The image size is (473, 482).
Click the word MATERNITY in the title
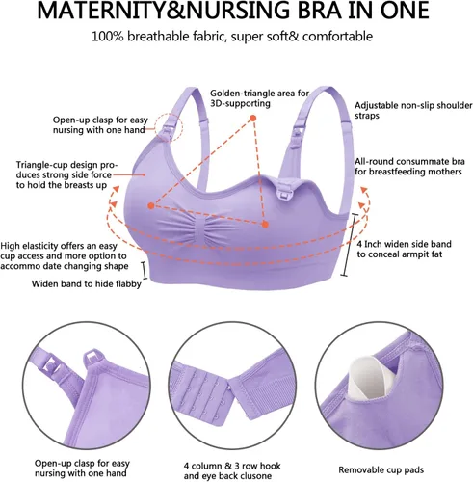[88, 13]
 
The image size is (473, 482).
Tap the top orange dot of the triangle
[252, 118]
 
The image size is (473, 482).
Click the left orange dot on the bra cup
[152, 204]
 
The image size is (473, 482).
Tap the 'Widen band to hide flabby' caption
[87, 284]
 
